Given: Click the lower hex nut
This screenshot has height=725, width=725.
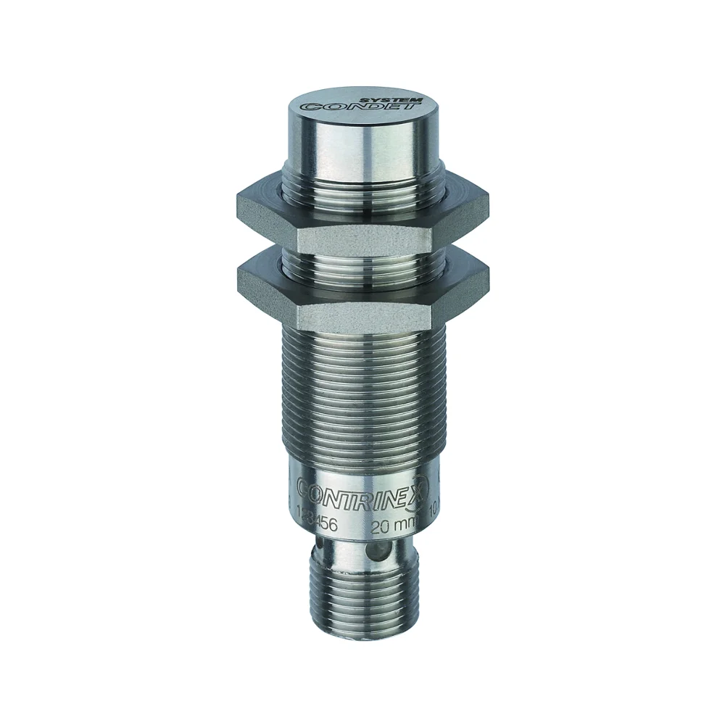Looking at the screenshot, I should tap(362, 286).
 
